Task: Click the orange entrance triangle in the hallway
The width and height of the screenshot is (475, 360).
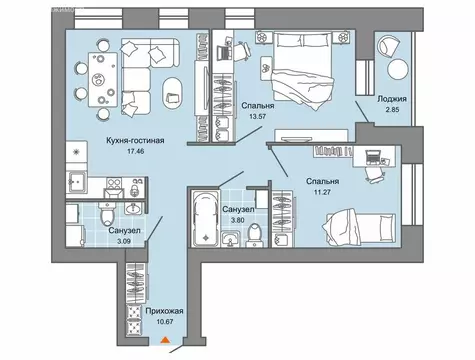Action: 165,340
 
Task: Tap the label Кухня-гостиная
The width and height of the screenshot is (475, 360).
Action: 135,140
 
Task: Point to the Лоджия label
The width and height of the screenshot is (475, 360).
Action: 392,99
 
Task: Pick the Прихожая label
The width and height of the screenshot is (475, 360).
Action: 164,311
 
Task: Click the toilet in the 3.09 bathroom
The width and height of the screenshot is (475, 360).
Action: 107,214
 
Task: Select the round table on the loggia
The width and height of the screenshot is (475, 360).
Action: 397,69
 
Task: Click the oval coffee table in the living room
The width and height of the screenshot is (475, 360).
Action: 172,93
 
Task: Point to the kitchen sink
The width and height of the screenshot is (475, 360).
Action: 77,182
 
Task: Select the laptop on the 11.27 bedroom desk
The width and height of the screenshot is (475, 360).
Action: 373,157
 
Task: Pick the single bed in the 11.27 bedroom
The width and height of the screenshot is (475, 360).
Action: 359,227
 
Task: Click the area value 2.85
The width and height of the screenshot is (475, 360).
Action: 392,109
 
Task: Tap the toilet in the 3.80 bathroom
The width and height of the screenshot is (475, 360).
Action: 255,234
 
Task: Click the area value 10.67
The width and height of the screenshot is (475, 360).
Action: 165,322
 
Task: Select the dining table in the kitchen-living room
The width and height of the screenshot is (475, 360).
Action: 103,80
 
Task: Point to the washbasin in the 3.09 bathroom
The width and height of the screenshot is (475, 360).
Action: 134,208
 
